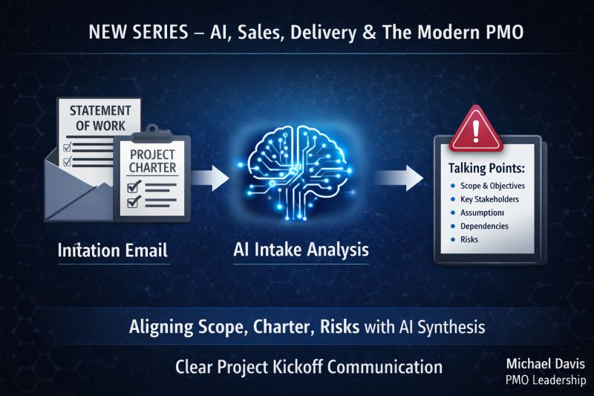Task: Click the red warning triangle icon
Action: (x=476, y=131)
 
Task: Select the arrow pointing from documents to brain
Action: (x=210, y=178)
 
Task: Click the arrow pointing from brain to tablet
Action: (x=399, y=178)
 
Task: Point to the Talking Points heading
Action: (x=486, y=168)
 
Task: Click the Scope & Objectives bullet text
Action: (x=492, y=186)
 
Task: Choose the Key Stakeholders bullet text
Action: (x=489, y=199)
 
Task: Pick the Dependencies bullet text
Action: (x=484, y=226)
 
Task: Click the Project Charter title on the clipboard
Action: (x=153, y=161)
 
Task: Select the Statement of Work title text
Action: (x=100, y=118)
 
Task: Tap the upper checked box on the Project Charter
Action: (x=134, y=186)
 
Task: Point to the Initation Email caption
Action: (x=113, y=250)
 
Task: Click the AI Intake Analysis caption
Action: (x=301, y=250)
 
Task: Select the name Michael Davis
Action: (x=546, y=364)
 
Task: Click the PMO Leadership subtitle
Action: (x=546, y=380)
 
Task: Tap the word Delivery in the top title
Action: (x=323, y=32)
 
